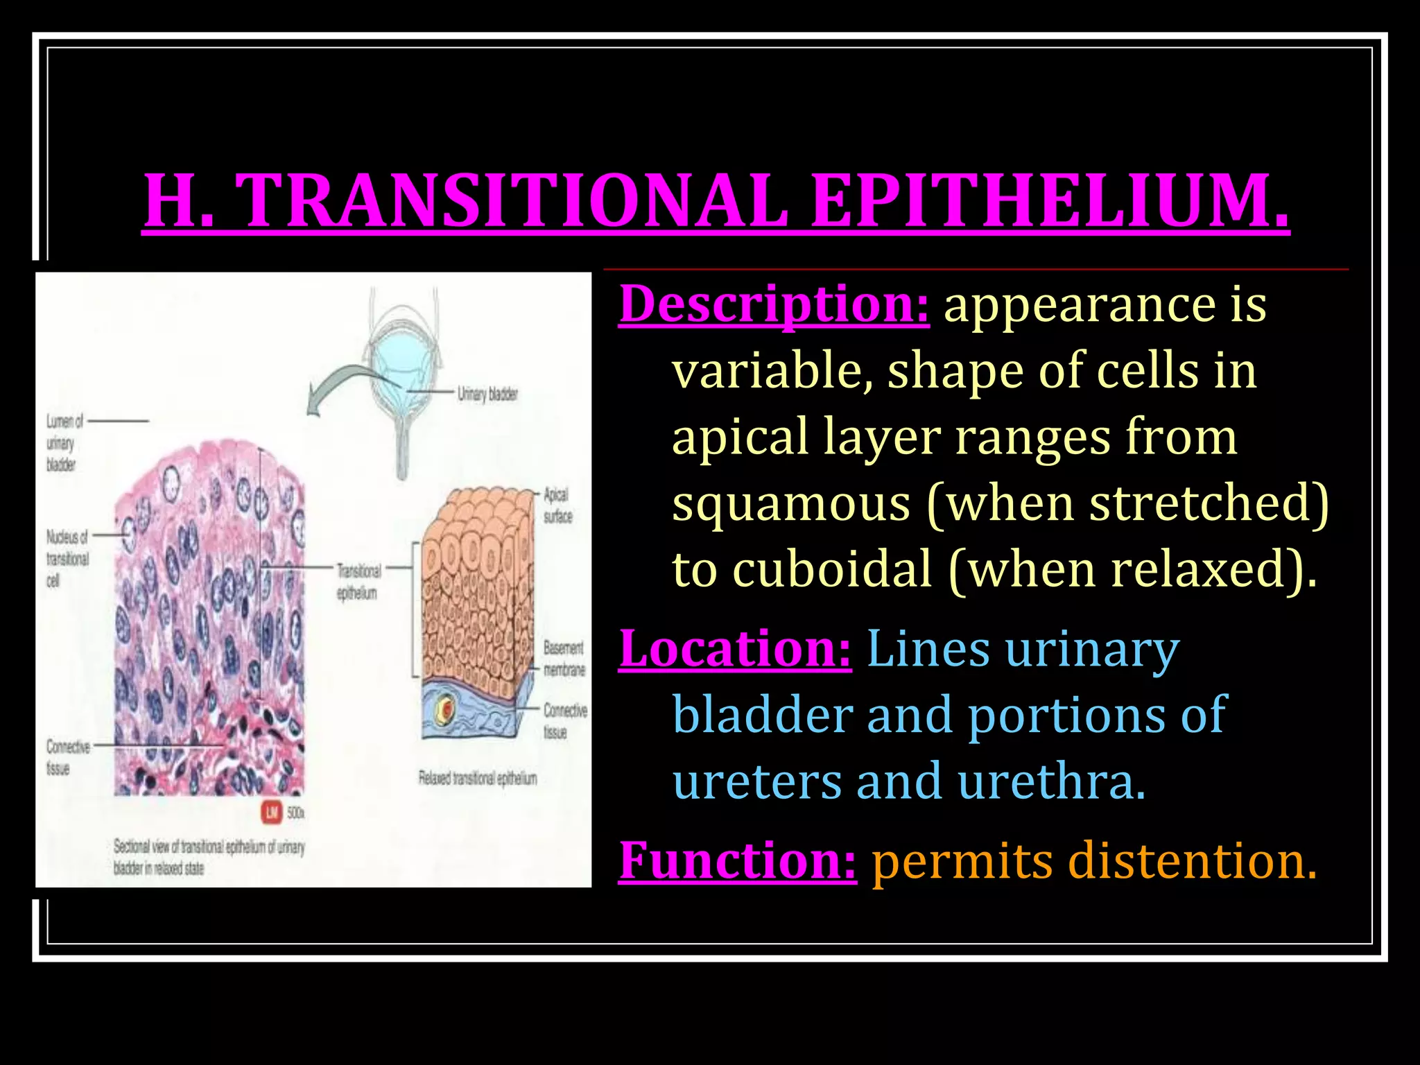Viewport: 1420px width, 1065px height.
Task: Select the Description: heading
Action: click(x=774, y=304)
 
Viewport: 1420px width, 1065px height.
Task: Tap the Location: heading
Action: click(x=735, y=649)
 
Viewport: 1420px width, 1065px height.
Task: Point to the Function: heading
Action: click(x=738, y=860)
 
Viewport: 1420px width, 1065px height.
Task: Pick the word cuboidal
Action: click(x=832, y=569)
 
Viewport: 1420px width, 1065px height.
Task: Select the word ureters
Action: click(x=757, y=781)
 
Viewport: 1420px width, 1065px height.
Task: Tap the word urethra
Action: click(x=1051, y=781)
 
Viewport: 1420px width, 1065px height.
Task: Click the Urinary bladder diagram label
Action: click(x=487, y=394)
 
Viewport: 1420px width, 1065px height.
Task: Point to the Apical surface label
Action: click(x=557, y=505)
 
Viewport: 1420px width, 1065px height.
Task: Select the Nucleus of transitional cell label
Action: click(x=67, y=558)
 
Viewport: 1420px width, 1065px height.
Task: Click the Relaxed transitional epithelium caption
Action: click(x=478, y=778)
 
